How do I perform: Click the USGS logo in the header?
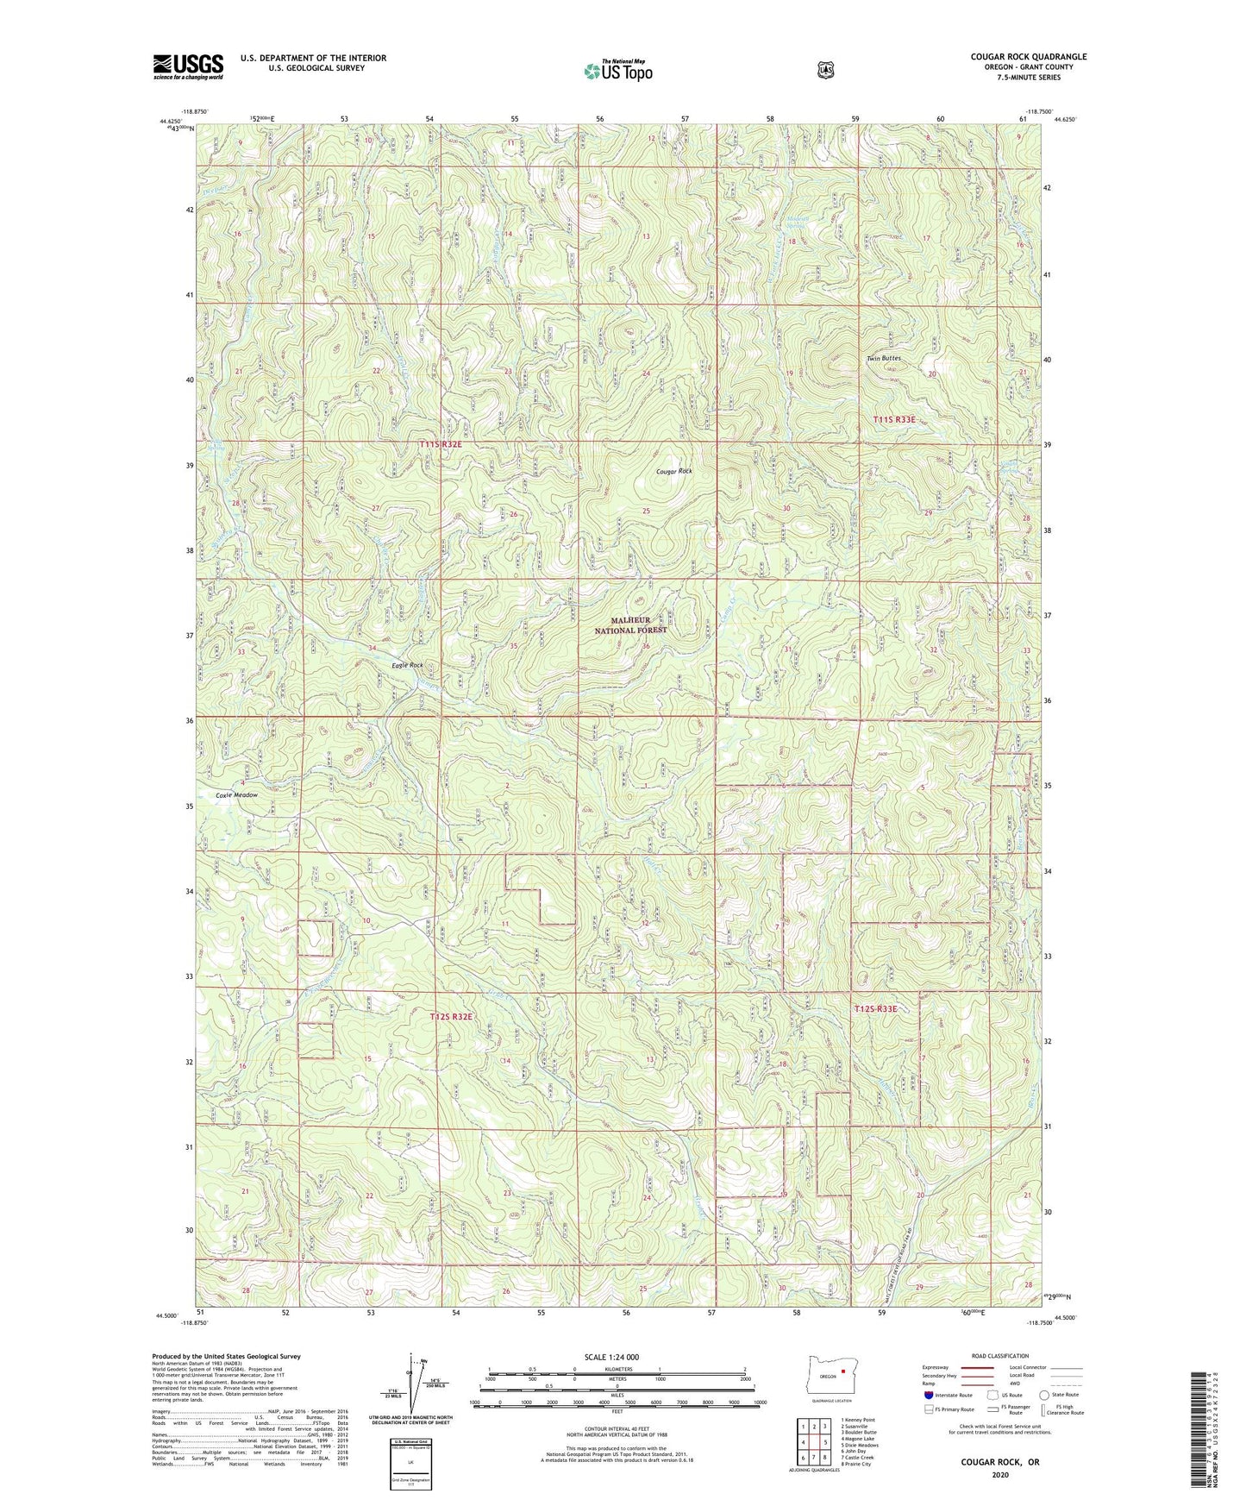tap(188, 66)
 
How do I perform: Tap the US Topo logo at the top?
tap(617, 71)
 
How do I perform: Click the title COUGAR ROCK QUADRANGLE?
tap(1028, 57)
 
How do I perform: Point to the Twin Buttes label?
tap(884, 358)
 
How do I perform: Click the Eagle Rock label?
tap(407, 665)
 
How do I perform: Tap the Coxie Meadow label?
tap(235, 795)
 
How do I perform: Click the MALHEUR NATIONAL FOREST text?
tap(630, 625)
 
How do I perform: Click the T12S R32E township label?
tap(451, 1017)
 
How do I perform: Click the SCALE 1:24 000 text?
tap(611, 1357)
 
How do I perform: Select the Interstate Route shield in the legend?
tap(928, 1394)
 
